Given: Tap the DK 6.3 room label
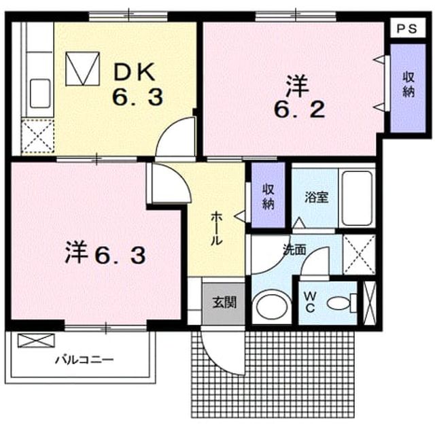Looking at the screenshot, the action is [x=137, y=84].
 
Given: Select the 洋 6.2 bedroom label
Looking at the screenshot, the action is [x=299, y=97].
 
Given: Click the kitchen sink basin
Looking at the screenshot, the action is [x=40, y=93].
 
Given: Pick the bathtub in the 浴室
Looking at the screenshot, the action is [x=357, y=198].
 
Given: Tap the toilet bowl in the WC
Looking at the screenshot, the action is [x=340, y=303].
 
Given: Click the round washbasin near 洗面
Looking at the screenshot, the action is [x=272, y=307].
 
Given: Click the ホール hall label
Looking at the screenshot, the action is [x=216, y=229].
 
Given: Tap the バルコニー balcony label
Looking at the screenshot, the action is [x=84, y=360].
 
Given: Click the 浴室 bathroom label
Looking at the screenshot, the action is [x=316, y=197].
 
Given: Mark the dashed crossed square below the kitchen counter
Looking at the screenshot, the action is [x=38, y=136].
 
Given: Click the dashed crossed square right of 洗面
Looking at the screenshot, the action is [x=359, y=255].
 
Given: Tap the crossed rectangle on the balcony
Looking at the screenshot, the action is [x=36, y=341].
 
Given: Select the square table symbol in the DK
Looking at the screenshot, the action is [x=82, y=69].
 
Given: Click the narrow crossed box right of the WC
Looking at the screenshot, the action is [x=370, y=302].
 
